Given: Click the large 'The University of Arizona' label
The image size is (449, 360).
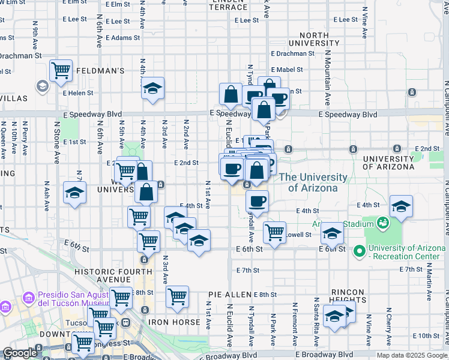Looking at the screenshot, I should pyautogui.click(x=313, y=182).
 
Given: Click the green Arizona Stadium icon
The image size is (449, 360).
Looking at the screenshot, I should pyautogui.click(x=382, y=224).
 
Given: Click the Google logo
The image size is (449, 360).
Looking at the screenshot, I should pyautogui.click(x=19, y=353).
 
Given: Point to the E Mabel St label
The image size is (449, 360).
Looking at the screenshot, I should pyautogui.click(x=290, y=70).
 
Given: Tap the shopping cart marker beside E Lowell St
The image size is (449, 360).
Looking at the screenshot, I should pyautogui.click(x=275, y=232).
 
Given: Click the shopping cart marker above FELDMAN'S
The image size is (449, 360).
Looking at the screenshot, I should pyautogui.click(x=61, y=70).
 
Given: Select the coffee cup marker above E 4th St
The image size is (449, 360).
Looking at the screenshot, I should pyautogui.click(x=257, y=201).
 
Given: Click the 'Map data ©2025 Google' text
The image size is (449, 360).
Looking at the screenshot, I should pyautogui.click(x=412, y=355).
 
